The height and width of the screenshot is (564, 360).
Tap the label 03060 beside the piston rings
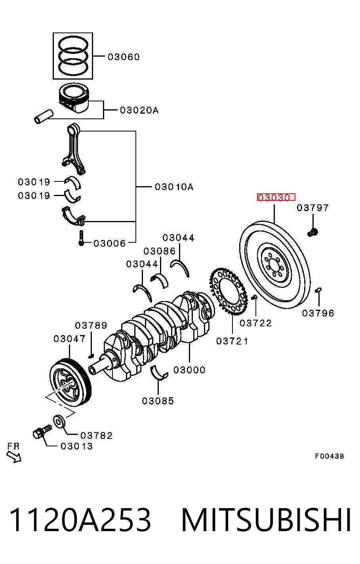pos(124,57)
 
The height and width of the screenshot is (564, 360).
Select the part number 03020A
pos(139,110)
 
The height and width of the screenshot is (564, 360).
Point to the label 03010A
pos(174,187)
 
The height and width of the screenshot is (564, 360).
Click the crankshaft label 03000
pos(189,370)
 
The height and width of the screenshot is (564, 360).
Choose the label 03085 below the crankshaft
pos(158,401)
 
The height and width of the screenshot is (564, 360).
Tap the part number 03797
pos(312,208)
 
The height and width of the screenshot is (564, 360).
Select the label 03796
pos(318,313)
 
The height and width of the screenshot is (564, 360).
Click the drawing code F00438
pos(330,456)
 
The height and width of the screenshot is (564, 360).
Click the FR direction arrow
pos(14,457)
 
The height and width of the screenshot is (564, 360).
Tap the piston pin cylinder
pos(44,116)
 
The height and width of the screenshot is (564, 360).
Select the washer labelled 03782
pos(59,421)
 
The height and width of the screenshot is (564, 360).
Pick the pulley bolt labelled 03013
pos(42,431)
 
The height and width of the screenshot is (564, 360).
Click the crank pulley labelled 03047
pos(70,382)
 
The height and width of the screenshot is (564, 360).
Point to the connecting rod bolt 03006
pos(81,238)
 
